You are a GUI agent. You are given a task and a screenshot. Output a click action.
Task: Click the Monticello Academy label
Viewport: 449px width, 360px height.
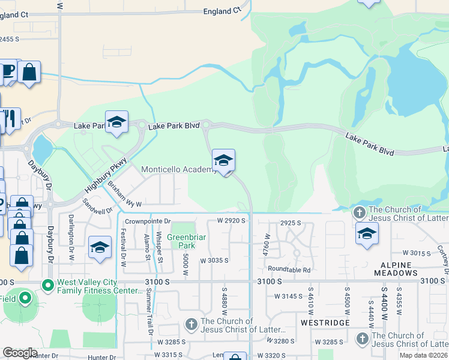click(178, 170)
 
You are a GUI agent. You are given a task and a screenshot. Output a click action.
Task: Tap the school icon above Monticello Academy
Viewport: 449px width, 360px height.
click(223, 160)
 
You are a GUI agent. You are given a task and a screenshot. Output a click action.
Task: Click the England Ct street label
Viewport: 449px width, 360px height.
click(221, 11)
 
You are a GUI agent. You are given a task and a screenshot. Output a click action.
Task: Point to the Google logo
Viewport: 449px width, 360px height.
click(20, 353)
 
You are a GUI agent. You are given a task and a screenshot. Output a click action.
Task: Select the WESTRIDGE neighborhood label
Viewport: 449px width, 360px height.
click(324, 323)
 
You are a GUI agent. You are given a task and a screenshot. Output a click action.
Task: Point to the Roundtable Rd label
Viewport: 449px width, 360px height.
click(289, 270)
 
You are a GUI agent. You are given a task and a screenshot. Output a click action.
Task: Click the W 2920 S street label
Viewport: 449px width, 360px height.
click(232, 221)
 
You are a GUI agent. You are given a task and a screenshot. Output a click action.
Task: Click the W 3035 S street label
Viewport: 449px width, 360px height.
click(215, 260)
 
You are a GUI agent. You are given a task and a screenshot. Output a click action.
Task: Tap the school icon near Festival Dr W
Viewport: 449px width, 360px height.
click(100, 247)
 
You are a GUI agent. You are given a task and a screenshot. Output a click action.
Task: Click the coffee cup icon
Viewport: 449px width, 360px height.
click(8, 71)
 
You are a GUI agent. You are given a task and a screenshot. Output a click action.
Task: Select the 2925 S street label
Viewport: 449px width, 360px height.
click(290, 223)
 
